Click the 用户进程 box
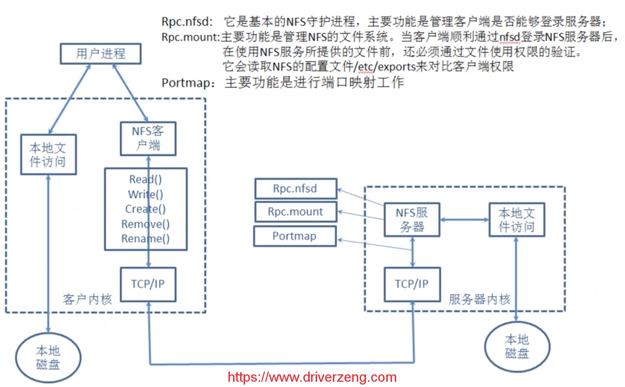[x=101, y=54]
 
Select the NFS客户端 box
[x=148, y=139]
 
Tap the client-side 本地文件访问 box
[x=49, y=155]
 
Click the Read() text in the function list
[x=146, y=179]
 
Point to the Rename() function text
[x=146, y=239]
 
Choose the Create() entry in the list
[x=146, y=209]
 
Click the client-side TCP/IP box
[x=148, y=284]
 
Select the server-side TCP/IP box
[x=412, y=284]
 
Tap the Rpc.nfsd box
[x=296, y=189]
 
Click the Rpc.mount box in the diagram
[x=296, y=212]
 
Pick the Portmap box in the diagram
[x=295, y=236]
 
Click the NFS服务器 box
[x=412, y=220]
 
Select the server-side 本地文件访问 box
[x=517, y=220]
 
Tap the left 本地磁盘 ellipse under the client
[x=48, y=358]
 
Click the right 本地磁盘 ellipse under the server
[x=517, y=347]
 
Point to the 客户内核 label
[x=87, y=300]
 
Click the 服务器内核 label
[x=479, y=300]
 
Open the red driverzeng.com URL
[x=312, y=378]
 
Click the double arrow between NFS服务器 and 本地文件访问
[x=464, y=220]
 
